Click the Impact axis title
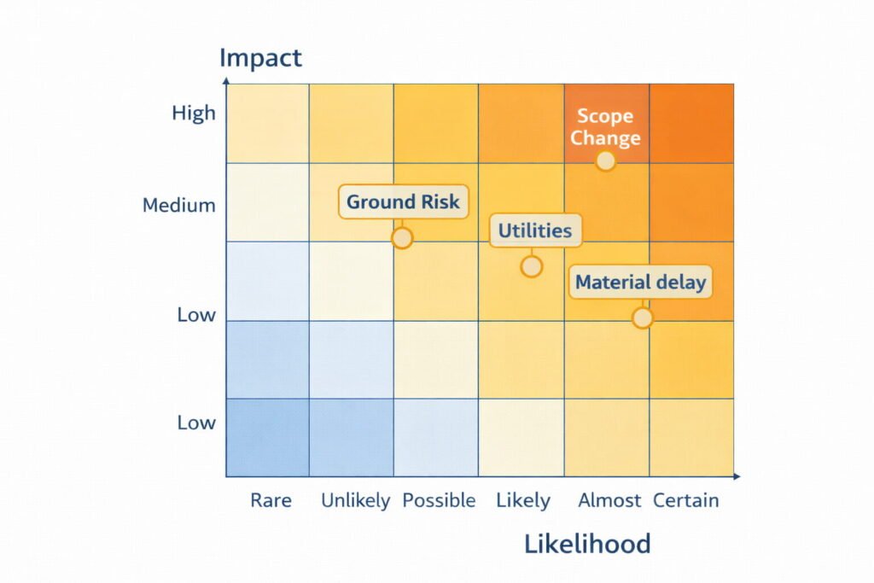tap(260, 58)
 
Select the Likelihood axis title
tap(586, 544)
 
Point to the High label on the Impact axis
tap(194, 114)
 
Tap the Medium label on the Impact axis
tap(179, 206)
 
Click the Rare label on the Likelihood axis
tap(271, 501)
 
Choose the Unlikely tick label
tap(355, 501)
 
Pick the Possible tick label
tap(439, 501)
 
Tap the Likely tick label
tap(523, 501)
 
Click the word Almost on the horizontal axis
tap(609, 501)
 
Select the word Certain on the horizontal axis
tap(686, 501)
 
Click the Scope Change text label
tap(605, 126)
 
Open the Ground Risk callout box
tap(403, 202)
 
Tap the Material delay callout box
tap(640, 283)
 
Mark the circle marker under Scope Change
tap(605, 161)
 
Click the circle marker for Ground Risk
tap(402, 237)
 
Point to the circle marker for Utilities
tap(531, 266)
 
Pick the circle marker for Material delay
tap(642, 318)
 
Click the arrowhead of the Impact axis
tap(226, 79)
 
